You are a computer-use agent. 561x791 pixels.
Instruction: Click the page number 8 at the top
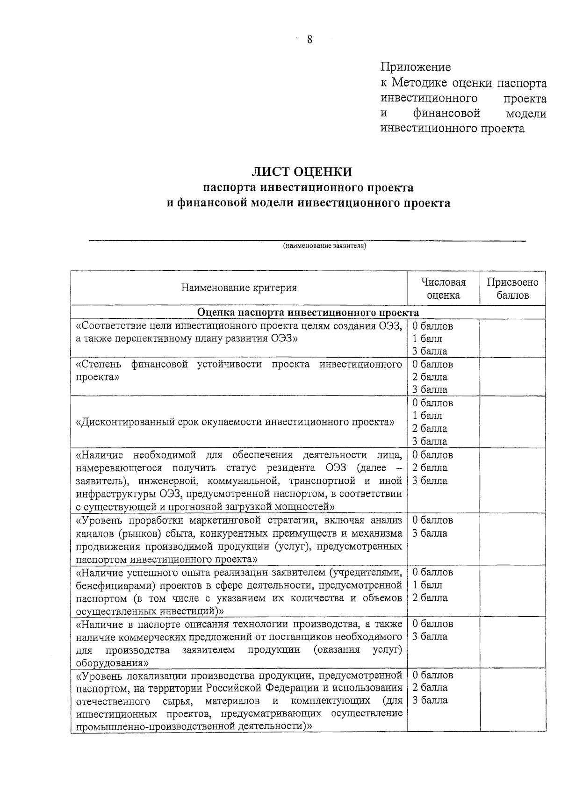coord(309,39)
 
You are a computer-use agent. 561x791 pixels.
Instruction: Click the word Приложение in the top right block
coord(416,67)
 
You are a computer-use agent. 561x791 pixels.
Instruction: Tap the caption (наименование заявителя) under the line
coord(324,246)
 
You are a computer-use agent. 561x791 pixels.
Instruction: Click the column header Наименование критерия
coord(239,288)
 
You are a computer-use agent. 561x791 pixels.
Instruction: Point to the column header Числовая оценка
coord(443,288)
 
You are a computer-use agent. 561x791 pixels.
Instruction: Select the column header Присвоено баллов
coord(512,288)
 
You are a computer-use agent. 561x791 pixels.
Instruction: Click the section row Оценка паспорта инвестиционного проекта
coord(308,312)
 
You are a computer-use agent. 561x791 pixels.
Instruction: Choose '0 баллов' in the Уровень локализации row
coord(432,675)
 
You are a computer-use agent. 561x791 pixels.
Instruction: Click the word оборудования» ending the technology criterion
coord(113,663)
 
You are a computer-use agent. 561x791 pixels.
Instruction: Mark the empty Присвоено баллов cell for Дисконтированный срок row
coord(512,422)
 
